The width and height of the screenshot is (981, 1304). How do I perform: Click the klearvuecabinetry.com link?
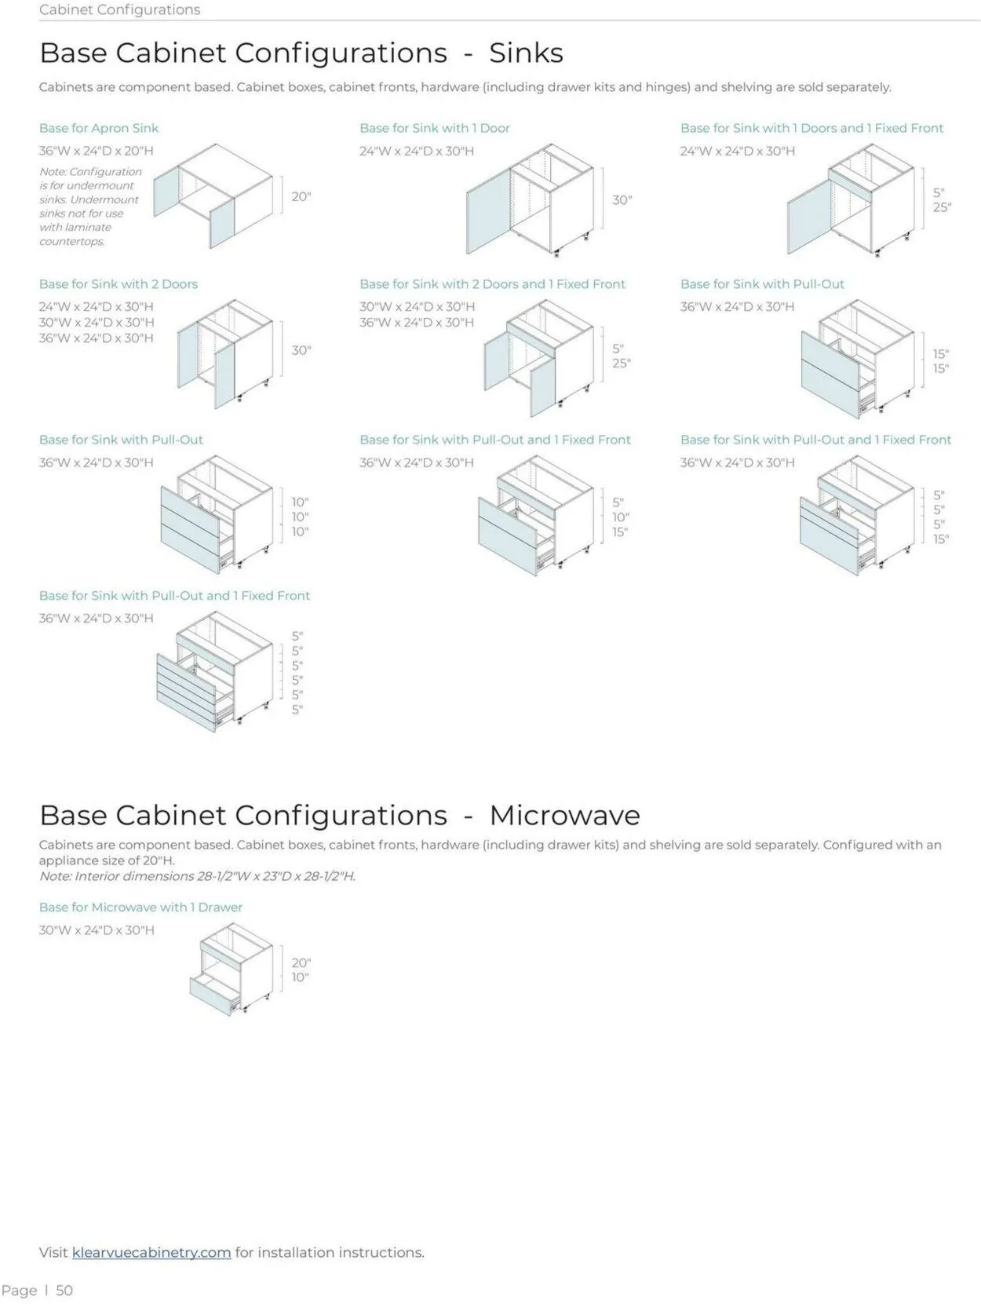pyautogui.click(x=151, y=1252)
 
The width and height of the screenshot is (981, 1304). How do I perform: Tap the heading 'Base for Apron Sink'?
pyautogui.click(x=99, y=128)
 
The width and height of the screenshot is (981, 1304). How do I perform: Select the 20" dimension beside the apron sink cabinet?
pyautogui.click(x=301, y=196)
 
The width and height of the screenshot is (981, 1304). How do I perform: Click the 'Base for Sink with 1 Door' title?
pyautogui.click(x=435, y=128)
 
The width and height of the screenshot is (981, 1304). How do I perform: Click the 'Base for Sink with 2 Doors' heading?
pyautogui.click(x=119, y=284)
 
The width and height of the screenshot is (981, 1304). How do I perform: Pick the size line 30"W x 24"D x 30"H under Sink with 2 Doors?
pyautogui.click(x=97, y=323)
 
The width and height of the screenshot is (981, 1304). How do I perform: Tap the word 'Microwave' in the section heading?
pyautogui.click(x=564, y=815)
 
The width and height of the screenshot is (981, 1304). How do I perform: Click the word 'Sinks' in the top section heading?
pyautogui.click(x=526, y=53)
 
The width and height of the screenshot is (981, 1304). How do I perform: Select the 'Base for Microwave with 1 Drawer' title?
pyautogui.click(x=141, y=908)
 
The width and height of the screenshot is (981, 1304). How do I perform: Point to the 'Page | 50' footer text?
pyautogui.click(x=38, y=1291)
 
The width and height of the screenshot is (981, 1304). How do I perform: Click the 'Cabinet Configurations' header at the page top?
pyautogui.click(x=119, y=9)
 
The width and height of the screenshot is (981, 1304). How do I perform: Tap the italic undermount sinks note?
pyautogui.click(x=89, y=206)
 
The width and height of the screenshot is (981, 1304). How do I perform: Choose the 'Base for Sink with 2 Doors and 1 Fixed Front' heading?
pyautogui.click(x=492, y=284)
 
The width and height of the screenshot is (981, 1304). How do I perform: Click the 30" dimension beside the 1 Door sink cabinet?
pyautogui.click(x=622, y=200)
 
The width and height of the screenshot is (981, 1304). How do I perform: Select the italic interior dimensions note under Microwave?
pyautogui.click(x=198, y=876)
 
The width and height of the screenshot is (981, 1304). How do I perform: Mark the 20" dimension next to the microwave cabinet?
pyautogui.click(x=301, y=962)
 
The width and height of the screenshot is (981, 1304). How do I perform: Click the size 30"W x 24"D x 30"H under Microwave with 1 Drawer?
pyautogui.click(x=97, y=930)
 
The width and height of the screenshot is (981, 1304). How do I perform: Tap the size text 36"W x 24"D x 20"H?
pyautogui.click(x=97, y=151)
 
